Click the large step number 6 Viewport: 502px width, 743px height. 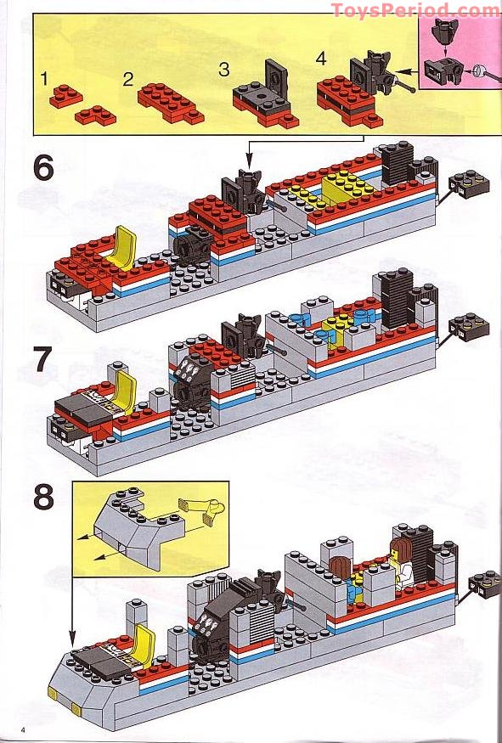(43, 168)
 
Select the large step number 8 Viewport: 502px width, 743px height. (43, 497)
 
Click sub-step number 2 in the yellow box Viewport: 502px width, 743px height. (128, 80)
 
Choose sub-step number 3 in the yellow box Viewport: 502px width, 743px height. (224, 70)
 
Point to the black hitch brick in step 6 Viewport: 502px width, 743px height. (468, 181)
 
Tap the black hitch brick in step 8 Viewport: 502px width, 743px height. (485, 583)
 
